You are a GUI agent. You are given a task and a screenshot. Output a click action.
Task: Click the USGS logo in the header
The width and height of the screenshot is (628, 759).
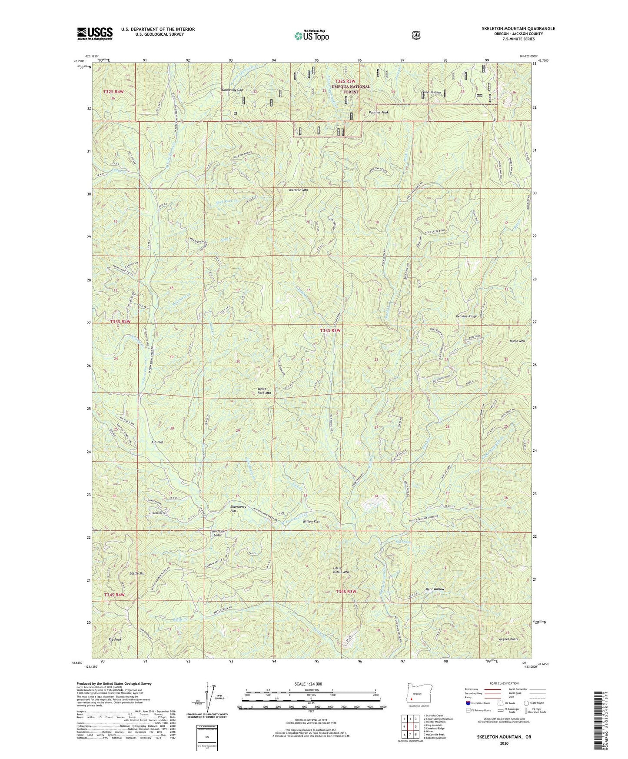(95, 33)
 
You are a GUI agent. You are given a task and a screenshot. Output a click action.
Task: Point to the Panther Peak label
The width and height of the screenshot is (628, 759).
(378, 112)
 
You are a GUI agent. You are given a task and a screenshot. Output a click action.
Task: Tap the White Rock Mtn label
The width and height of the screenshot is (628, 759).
(264, 391)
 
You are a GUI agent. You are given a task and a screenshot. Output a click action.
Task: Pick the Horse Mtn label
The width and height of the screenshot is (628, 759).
(517, 341)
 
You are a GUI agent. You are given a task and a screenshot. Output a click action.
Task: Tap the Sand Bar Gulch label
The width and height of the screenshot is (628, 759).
(217, 533)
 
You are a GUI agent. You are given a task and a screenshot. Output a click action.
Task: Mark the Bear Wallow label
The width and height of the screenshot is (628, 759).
(435, 589)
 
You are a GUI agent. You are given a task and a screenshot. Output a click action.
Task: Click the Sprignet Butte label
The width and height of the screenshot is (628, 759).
(508, 639)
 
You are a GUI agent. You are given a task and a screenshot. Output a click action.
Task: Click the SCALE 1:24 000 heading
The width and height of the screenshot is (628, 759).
(308, 684)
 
